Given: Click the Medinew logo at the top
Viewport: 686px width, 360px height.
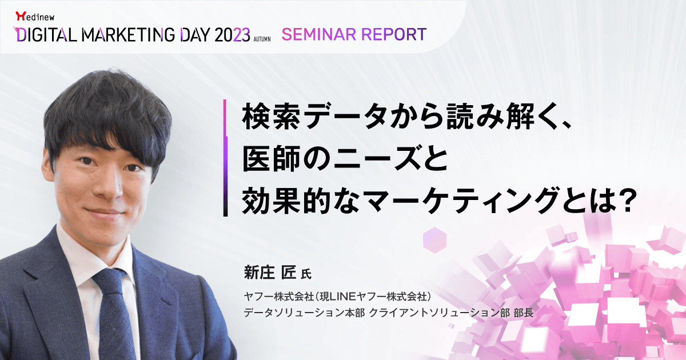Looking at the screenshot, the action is [x=35, y=16].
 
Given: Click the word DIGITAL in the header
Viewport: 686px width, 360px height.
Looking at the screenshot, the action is [x=46, y=35].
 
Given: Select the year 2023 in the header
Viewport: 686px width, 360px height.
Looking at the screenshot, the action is [x=233, y=35].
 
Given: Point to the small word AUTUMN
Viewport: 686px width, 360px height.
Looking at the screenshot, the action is [x=262, y=39].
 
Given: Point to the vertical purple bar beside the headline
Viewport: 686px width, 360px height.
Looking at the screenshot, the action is [x=225, y=158].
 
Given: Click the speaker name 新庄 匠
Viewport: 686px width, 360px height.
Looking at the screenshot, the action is [x=269, y=272].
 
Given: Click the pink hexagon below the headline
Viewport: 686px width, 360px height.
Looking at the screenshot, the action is [x=434, y=240].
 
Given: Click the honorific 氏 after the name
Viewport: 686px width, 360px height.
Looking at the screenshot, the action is [x=306, y=274].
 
